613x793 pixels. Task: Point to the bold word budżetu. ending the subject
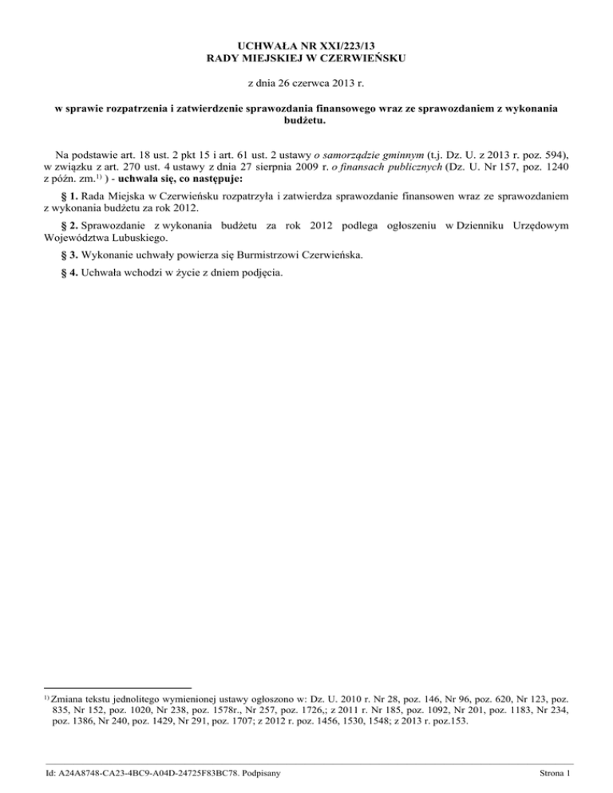306,120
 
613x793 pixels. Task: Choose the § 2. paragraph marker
72,227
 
